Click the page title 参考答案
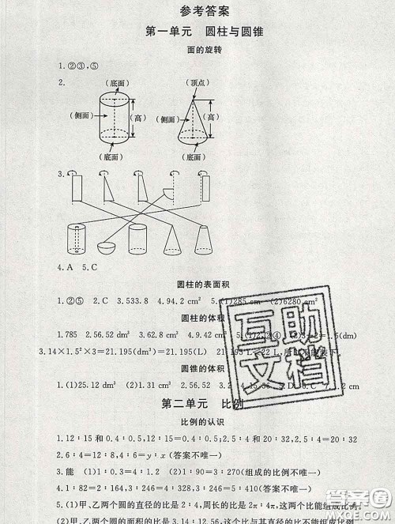coord(197,11)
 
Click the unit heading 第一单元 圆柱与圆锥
coord(197,32)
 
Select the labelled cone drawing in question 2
coord(195,118)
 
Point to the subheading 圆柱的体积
coord(197,319)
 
